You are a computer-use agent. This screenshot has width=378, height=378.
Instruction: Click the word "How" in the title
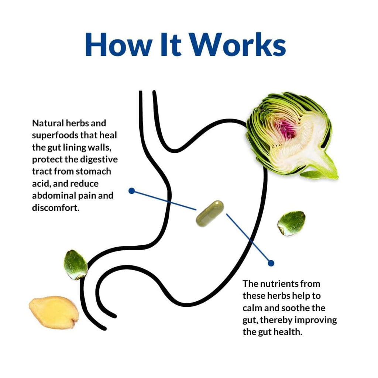click(118, 45)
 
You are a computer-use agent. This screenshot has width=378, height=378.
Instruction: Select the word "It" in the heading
click(171, 45)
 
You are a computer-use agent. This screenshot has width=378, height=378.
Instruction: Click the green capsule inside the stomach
click(210, 214)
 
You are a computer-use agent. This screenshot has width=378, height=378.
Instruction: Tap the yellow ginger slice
click(54, 312)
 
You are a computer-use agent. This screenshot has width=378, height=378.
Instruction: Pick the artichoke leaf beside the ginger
click(75, 265)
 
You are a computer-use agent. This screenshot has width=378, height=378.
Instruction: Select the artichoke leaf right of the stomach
click(291, 223)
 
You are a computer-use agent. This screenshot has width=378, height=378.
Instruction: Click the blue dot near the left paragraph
click(132, 191)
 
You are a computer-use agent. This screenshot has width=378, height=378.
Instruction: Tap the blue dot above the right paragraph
click(271, 263)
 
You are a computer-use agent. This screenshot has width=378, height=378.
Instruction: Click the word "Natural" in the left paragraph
click(48, 123)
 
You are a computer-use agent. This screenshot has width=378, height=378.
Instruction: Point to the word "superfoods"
click(55, 135)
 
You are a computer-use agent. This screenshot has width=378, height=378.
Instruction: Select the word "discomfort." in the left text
click(56, 207)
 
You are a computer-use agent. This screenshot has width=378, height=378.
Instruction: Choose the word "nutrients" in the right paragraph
click(279, 284)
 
